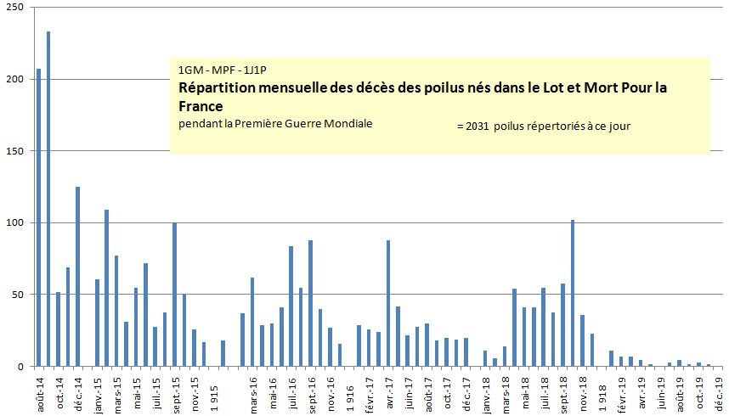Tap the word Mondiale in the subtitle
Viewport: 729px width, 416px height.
click(349, 124)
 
